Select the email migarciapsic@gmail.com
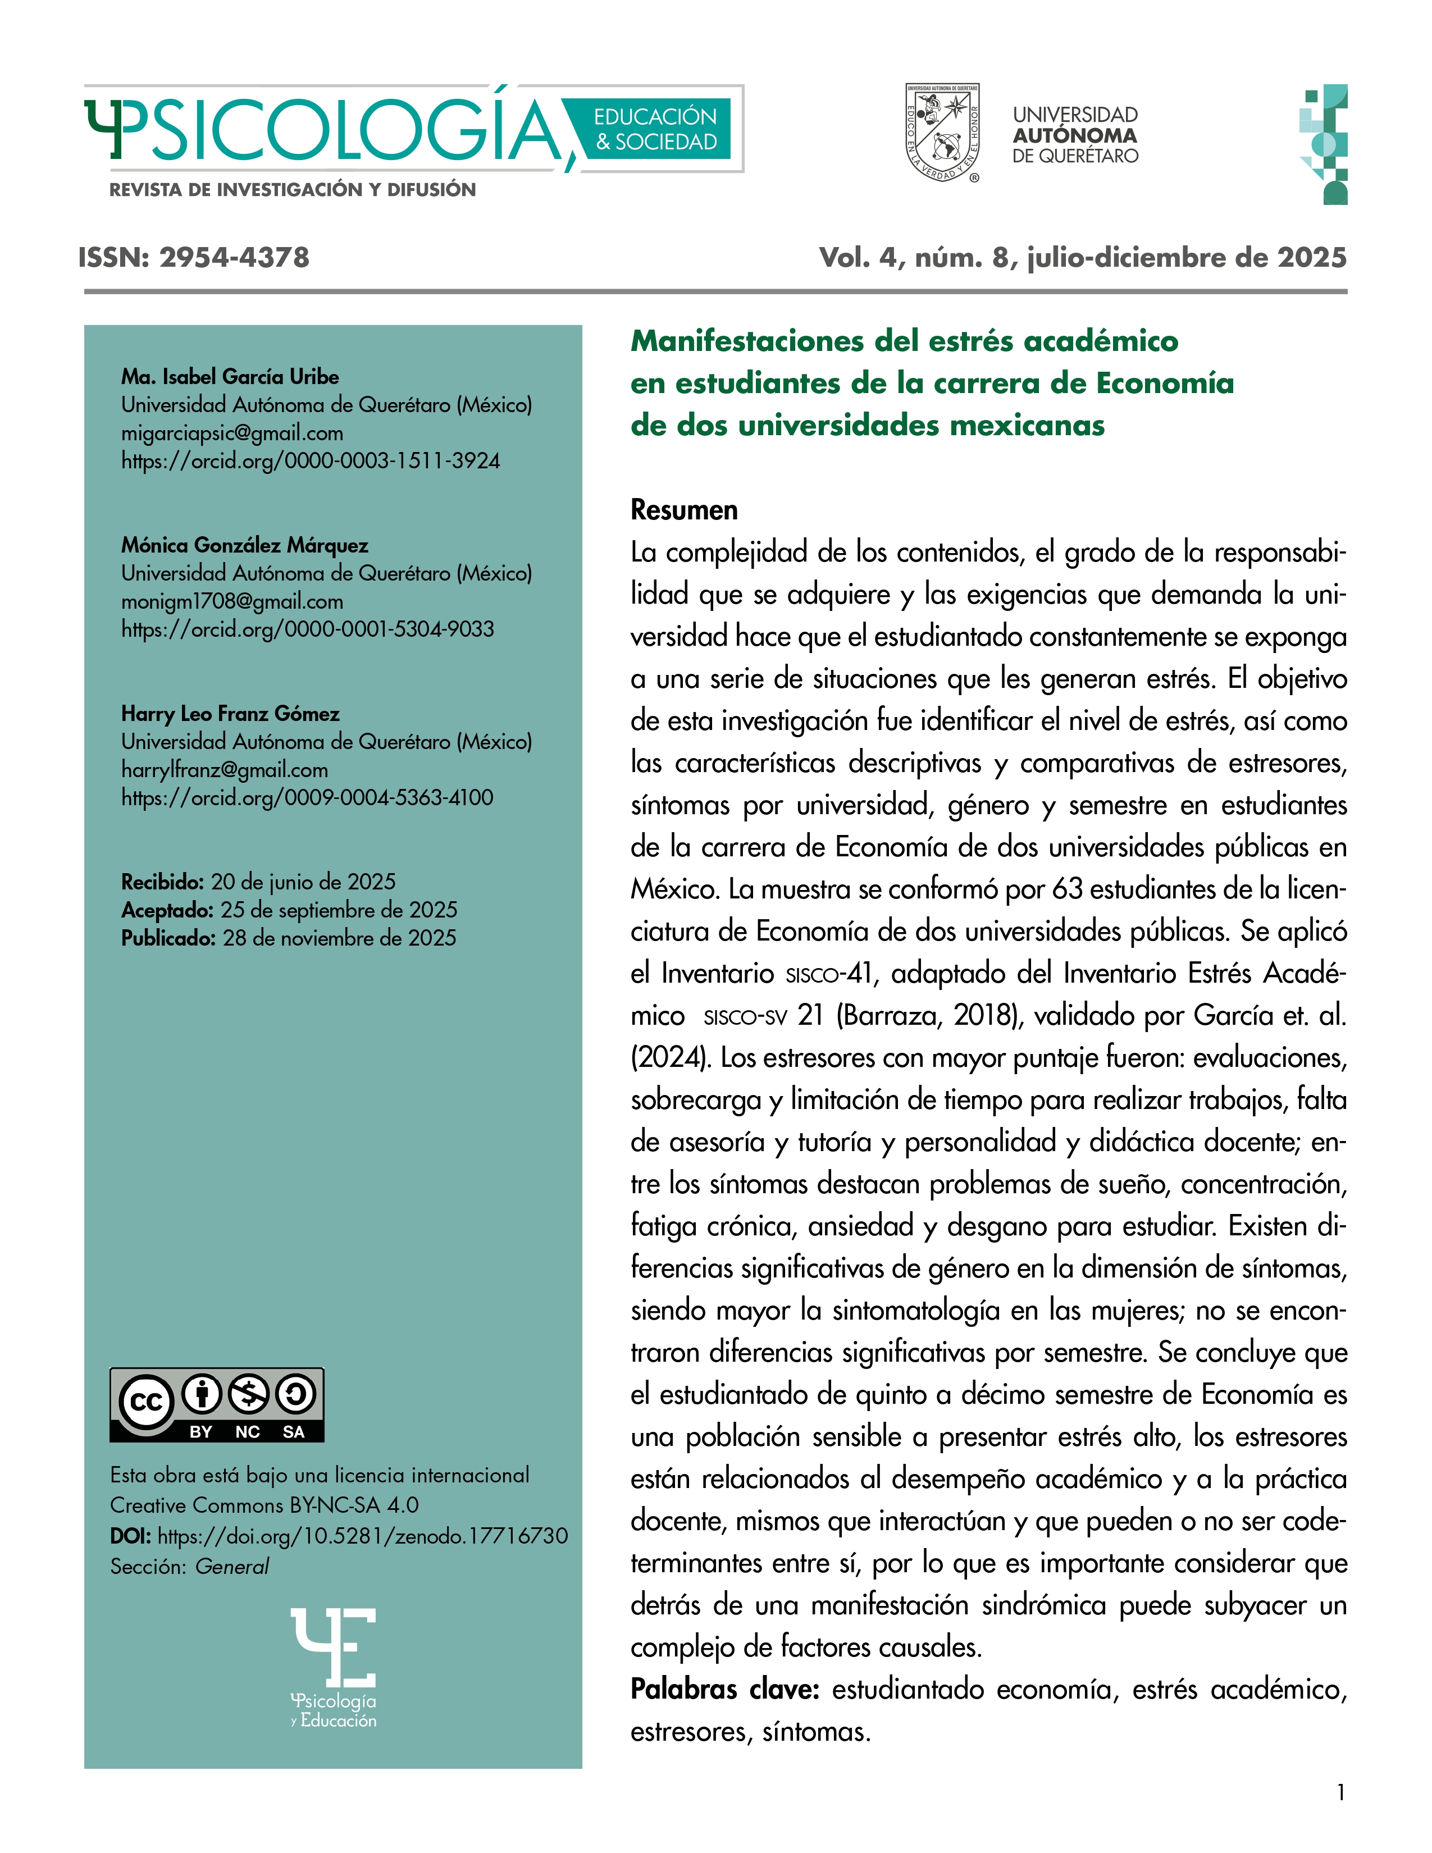tap(231, 433)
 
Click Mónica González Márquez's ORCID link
tap(307, 629)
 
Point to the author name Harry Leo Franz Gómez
tap(230, 714)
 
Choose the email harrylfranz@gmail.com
tap(224, 769)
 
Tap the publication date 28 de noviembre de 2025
tap(339, 938)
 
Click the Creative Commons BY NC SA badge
tap(216, 1404)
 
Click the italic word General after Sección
tap(231, 1566)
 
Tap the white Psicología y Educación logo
tap(334, 1667)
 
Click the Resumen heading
tap(684, 510)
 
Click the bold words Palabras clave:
tap(724, 1689)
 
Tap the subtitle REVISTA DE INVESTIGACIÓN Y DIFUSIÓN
tap(292, 190)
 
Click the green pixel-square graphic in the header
tap(1324, 144)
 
